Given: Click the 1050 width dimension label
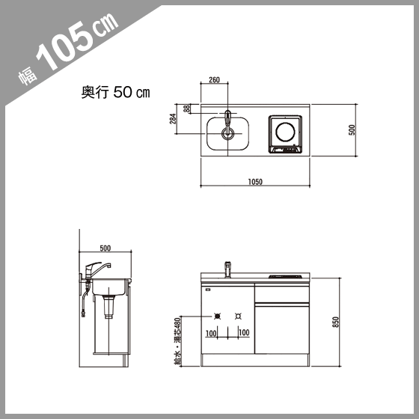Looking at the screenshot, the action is pyautogui.click(x=255, y=182).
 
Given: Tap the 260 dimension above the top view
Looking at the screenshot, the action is pyautogui.click(x=214, y=80).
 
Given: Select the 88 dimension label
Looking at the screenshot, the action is pyautogui.click(x=187, y=108).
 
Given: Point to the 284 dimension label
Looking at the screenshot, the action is pyautogui.click(x=173, y=119).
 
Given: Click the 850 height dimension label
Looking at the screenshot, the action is pyautogui.click(x=336, y=322).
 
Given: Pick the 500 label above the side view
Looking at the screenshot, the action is pyautogui.click(x=105, y=248).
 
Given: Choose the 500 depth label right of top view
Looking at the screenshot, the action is pyautogui.click(x=352, y=130).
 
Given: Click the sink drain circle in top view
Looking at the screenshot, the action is pyautogui.click(x=227, y=133).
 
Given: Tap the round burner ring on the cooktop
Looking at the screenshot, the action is pyautogui.click(x=285, y=132).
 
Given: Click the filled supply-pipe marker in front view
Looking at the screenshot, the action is pyautogui.click(x=218, y=316).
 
